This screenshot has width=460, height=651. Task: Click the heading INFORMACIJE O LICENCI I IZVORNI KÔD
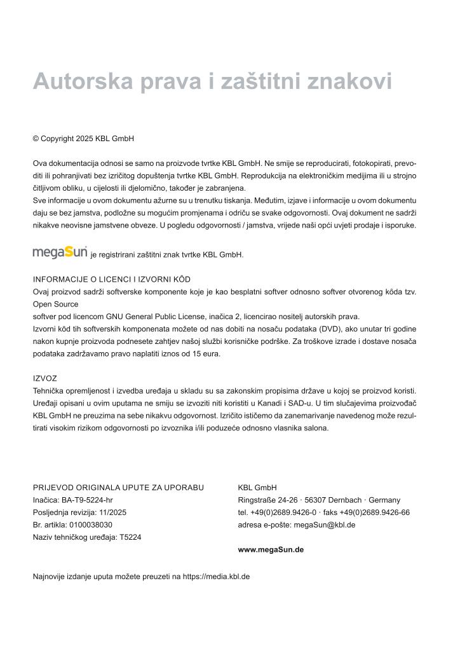coord(112,279)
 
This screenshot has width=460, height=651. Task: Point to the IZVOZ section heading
coord(45,378)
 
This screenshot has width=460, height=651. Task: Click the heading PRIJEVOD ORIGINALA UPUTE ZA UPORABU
coord(118,488)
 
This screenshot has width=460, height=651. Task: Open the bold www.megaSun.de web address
coord(271,549)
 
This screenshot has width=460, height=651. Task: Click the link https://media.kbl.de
coord(216,577)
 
